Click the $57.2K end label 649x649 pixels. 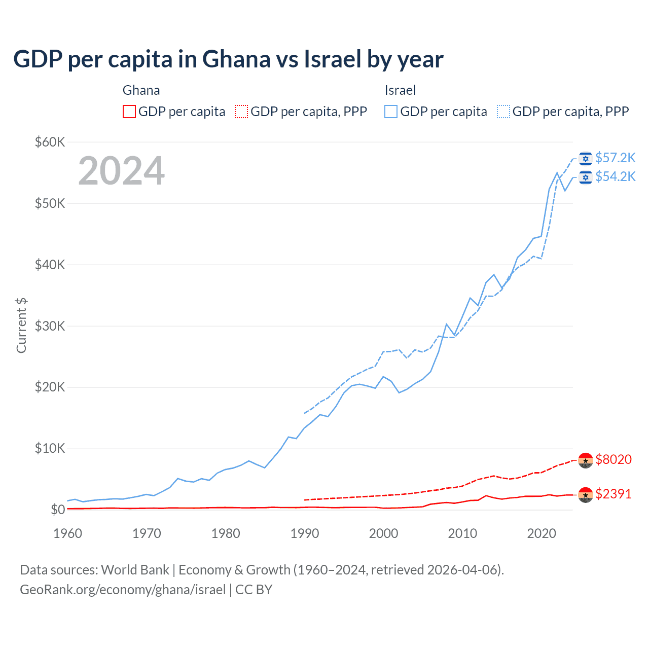pos(615,158)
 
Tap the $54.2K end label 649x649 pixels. pos(615,176)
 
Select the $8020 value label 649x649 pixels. pos(614,459)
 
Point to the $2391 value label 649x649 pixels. pos(614,494)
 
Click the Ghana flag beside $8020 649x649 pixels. pos(586,459)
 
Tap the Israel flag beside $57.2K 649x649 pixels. pos(586,158)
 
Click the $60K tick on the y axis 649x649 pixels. pos(50,142)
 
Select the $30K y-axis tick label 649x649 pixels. pos(50,326)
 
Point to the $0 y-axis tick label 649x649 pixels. pos(57,510)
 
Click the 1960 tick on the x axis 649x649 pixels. pos(67,533)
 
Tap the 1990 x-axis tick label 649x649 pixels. pos(305,533)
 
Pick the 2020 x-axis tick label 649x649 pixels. pos(542,533)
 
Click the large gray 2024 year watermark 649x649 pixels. pos(122,171)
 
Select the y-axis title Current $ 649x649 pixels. pos(21,325)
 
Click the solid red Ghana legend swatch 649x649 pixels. pos(129,112)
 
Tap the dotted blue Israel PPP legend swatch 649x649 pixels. pos(503,112)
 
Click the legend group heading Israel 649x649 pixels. pos(400,90)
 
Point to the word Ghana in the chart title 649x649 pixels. pos(236,59)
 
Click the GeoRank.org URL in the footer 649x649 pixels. pos(123,590)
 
